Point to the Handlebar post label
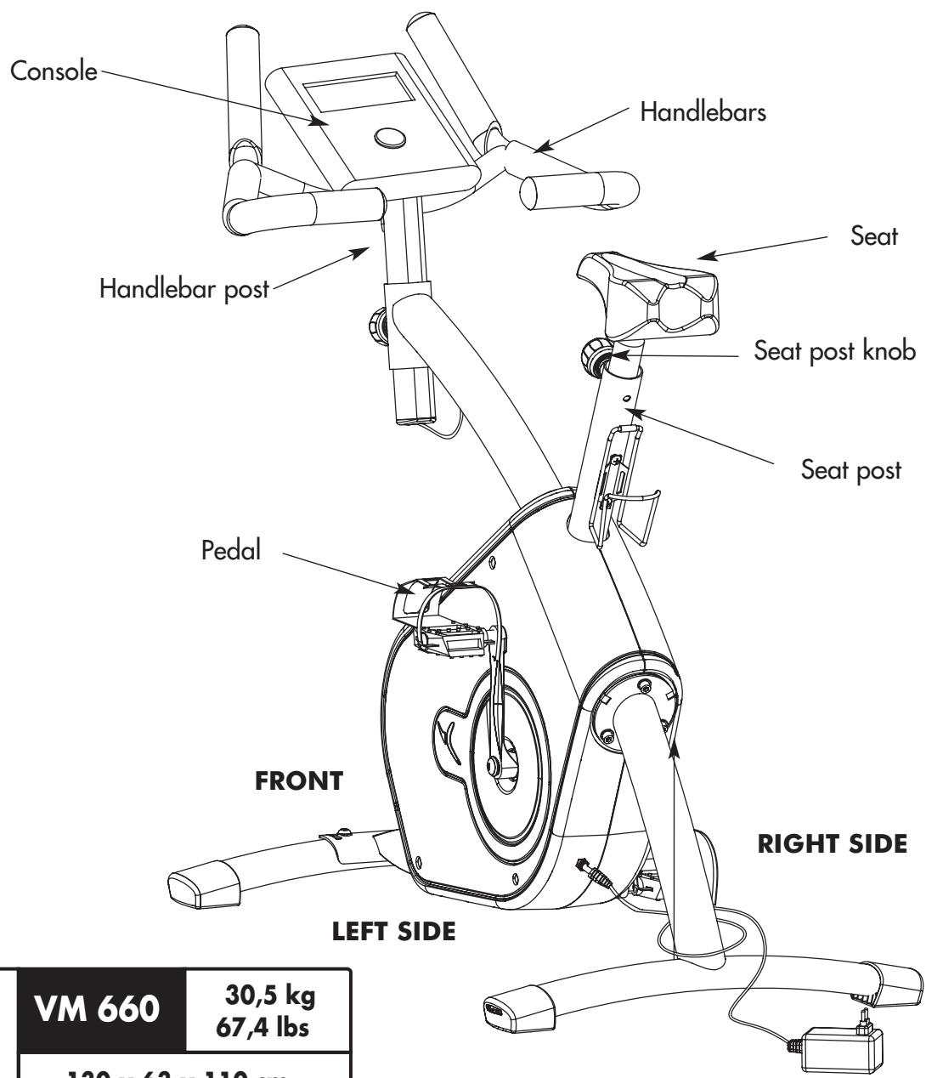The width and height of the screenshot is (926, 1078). click(x=184, y=288)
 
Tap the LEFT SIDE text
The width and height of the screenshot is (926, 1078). click(x=392, y=932)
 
